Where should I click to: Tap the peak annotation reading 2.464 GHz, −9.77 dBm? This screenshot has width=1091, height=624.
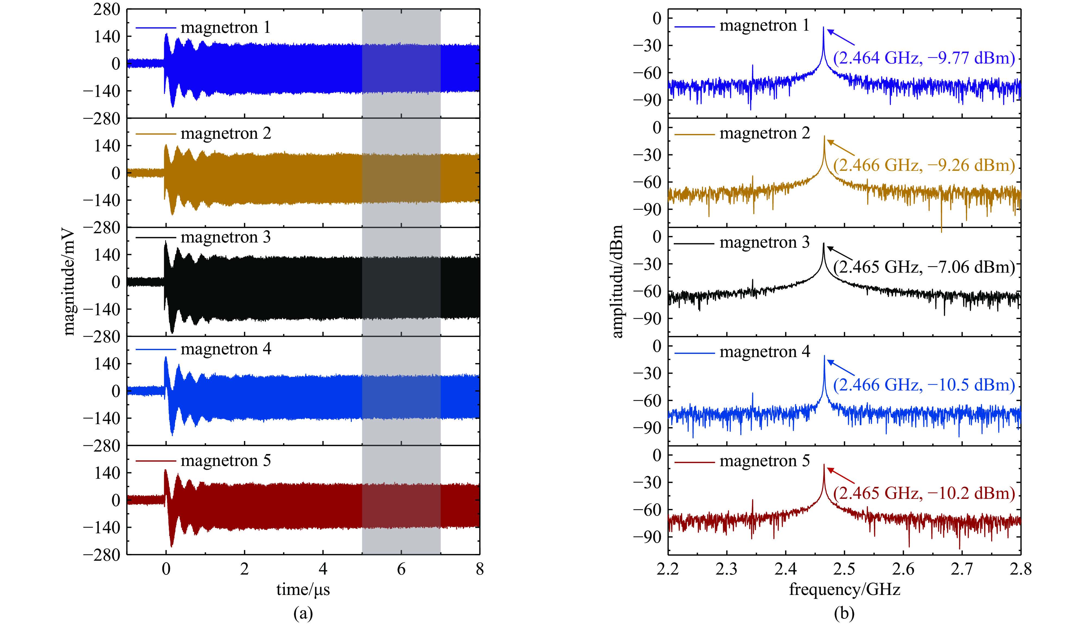(924, 58)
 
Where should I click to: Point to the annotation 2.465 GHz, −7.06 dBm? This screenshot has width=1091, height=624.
(924, 267)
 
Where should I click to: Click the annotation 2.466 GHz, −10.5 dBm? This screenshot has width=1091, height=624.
(924, 385)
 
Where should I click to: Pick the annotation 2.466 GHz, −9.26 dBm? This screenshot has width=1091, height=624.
(924, 165)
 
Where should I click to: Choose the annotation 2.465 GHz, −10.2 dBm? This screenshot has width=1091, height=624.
(924, 493)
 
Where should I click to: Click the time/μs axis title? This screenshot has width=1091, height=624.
(303, 590)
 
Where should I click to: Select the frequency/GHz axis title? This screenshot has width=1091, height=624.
(845, 590)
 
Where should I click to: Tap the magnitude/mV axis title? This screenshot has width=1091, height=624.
(68, 283)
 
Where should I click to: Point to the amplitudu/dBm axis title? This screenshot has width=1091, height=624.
(617, 282)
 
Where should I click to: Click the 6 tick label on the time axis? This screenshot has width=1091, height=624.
(401, 569)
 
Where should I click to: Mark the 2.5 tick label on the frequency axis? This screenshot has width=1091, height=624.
(845, 569)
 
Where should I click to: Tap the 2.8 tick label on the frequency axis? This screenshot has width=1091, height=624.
(1021, 569)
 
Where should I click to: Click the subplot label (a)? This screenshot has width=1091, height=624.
(303, 614)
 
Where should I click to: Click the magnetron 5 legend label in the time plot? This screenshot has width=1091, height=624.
(225, 461)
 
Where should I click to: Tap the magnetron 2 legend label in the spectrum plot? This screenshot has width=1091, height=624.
(764, 134)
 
